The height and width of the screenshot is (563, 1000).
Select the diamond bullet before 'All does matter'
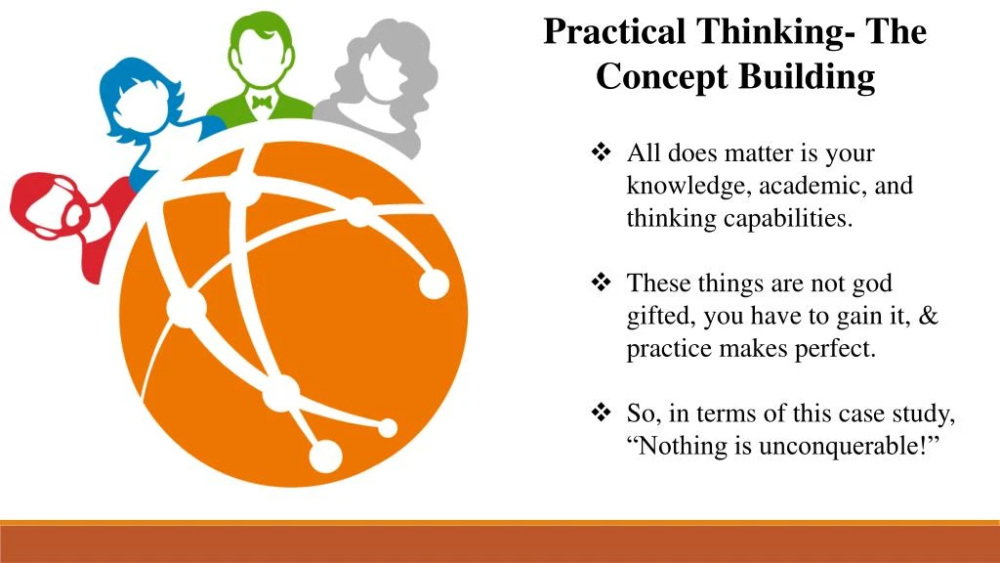601,153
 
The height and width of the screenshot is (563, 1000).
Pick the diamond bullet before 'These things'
601,283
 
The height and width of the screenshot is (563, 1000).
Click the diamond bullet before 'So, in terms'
601,413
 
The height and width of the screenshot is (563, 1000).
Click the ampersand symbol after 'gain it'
928,316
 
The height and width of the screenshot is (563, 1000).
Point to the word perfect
837,348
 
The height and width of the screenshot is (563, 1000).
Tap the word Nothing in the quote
679,446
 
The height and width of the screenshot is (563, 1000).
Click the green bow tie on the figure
261,102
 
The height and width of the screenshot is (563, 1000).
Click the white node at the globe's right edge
434,283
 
